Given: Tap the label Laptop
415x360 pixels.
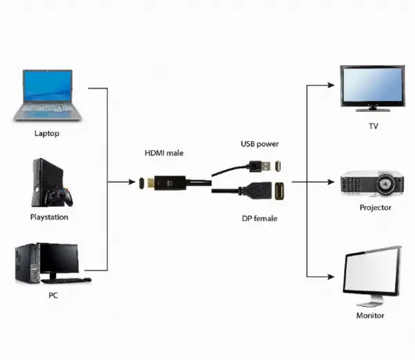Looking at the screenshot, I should click(x=46, y=133).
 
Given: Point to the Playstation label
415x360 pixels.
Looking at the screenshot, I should click(x=49, y=217).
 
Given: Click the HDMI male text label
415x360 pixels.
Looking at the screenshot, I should click(x=164, y=152).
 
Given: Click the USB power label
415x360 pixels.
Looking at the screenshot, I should click(x=259, y=144).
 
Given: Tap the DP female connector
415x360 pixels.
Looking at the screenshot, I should click(x=268, y=191).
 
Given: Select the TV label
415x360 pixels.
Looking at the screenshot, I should click(x=373, y=126).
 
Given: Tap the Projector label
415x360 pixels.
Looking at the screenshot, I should click(x=376, y=207).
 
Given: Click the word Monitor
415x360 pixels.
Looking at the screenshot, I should click(x=370, y=315).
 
